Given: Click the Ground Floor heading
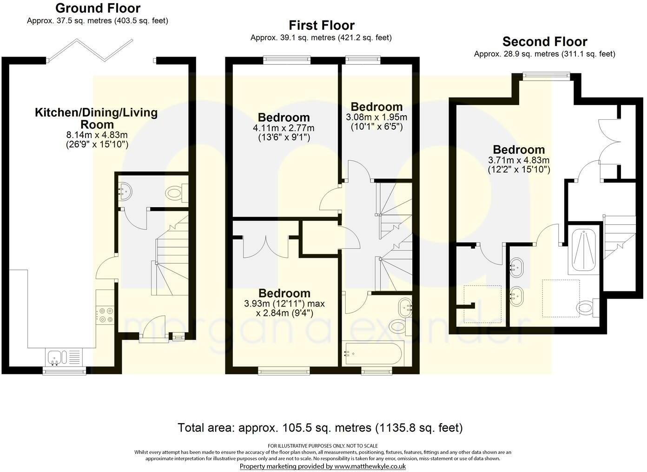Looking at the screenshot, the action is (98, 8).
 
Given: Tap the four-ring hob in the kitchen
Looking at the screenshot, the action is (106, 315).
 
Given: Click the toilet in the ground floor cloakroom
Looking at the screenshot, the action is (176, 192).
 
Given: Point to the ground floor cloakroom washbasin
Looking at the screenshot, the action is (125, 190).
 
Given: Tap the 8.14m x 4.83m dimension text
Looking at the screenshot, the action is (97, 135).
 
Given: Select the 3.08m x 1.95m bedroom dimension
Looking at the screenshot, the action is (376, 117).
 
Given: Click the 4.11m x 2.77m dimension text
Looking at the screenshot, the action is (284, 128).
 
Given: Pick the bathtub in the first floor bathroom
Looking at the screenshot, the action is (372, 354).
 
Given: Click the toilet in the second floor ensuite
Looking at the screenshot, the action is (587, 308).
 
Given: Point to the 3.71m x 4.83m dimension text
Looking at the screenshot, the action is (519, 160).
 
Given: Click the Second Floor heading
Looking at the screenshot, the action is (545, 42).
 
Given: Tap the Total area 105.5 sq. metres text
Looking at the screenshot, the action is (320, 428).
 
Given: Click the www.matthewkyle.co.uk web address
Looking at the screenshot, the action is (370, 466).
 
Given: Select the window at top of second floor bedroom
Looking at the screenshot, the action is (546, 76).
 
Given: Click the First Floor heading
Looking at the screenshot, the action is (322, 26).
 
